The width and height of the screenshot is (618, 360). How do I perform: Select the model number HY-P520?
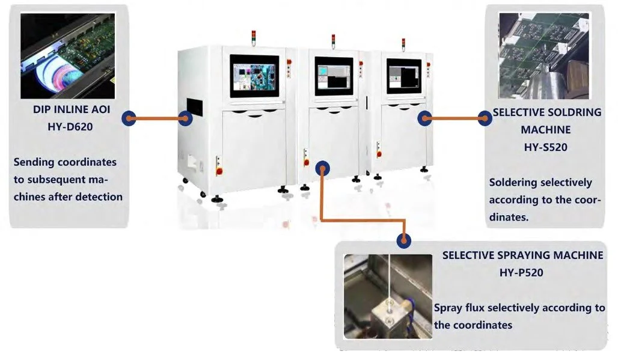[x=521, y=272]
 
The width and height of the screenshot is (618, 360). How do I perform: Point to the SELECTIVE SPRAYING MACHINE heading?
[x=522, y=255]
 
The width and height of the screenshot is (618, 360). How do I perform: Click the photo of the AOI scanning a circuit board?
[x=67, y=56]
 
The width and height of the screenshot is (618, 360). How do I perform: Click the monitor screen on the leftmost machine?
[x=254, y=76]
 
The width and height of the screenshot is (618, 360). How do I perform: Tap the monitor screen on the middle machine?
[x=334, y=76]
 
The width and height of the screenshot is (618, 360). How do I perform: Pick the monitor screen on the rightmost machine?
[x=403, y=75]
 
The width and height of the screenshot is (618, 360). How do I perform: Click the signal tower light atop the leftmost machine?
[x=254, y=38]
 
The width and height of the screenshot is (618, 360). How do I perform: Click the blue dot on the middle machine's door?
[x=323, y=168]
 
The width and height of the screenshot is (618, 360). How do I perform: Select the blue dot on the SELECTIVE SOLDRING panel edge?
[x=485, y=118]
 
